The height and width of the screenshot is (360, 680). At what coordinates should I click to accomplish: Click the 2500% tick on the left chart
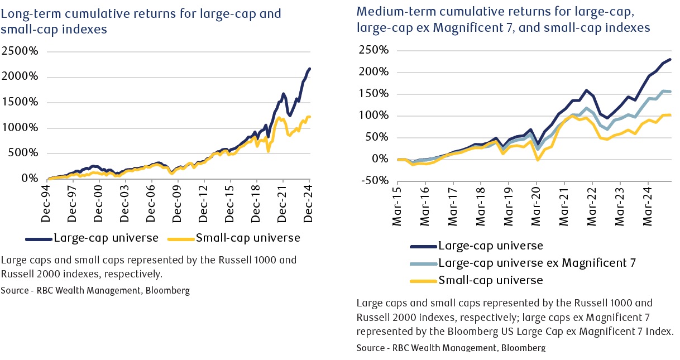[20, 51]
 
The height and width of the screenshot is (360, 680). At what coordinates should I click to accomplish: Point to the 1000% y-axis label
[20, 128]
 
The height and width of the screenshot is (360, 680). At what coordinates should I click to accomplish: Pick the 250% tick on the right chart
[373, 50]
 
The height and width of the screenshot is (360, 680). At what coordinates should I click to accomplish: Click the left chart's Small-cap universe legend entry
[247, 238]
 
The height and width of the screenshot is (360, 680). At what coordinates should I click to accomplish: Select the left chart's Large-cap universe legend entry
[106, 238]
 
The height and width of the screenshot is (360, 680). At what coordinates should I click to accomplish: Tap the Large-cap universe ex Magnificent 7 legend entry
[537, 262]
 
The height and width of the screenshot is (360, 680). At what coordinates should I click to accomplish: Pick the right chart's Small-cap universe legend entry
[491, 280]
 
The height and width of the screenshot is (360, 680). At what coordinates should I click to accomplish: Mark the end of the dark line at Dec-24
[310, 69]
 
